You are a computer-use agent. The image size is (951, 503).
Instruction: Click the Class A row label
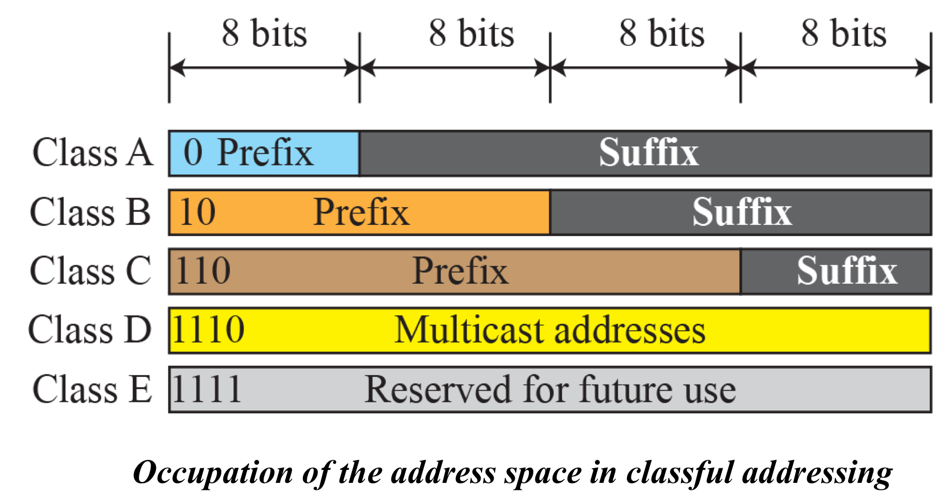point(93,152)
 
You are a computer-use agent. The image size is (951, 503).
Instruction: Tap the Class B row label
point(91,212)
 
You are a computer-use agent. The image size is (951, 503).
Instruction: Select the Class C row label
point(91,271)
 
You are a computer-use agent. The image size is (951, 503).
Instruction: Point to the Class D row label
point(90,330)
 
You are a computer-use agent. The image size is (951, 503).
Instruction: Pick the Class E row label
point(92,389)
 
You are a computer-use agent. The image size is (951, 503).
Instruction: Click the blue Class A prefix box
point(264,153)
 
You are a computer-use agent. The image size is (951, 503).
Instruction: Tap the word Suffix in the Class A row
point(649,152)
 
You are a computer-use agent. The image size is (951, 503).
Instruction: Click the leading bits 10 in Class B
point(198,212)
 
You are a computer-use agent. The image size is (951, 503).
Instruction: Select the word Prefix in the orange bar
point(361,212)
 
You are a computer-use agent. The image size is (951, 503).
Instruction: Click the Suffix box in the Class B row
point(741,212)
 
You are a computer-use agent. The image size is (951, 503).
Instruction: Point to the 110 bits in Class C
point(203,271)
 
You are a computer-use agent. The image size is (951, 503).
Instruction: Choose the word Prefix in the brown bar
point(460,271)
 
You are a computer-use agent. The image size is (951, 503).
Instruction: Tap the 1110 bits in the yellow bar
point(208,330)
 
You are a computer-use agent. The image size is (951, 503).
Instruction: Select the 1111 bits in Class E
point(207,389)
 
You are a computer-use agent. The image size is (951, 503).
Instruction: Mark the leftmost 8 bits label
point(265,34)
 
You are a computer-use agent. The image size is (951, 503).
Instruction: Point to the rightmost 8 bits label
point(844,34)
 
